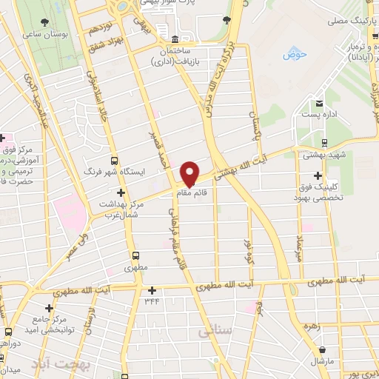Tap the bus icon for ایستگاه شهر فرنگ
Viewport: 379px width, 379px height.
click(x=113, y=161)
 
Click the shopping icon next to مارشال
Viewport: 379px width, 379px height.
click(x=322, y=349)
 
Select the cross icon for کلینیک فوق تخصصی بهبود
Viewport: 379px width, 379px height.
click(x=318, y=176)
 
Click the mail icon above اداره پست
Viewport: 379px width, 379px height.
click(x=320, y=104)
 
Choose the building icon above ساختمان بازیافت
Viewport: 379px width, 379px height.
click(x=174, y=38)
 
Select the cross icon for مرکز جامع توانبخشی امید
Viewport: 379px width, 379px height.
click(x=49, y=308)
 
